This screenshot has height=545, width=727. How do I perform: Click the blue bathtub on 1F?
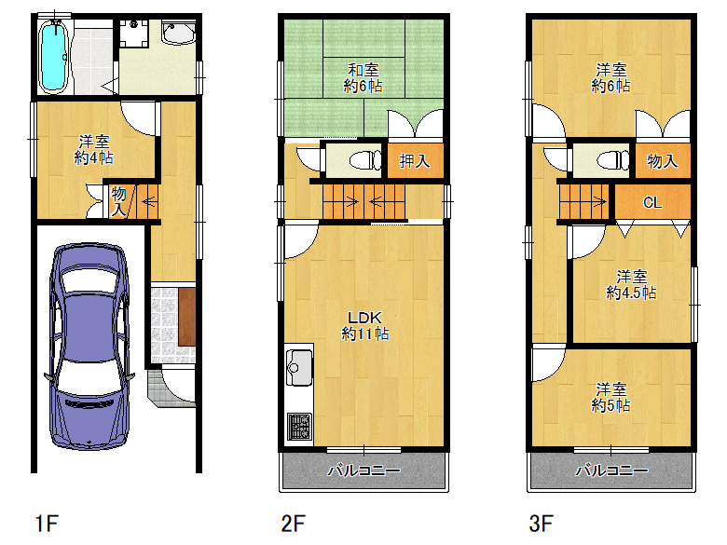click(53, 57)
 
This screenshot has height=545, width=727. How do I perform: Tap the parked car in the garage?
click(89, 347)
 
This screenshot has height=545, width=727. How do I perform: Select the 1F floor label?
click(47, 524)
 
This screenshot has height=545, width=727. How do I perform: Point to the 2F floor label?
click(293, 524)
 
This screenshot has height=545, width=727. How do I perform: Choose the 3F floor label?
click(542, 524)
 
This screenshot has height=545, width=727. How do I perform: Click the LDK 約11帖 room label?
click(364, 326)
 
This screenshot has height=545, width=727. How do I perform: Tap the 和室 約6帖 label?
click(363, 78)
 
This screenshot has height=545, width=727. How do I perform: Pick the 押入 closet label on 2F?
click(415, 161)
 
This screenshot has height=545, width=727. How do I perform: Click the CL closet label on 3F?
click(652, 202)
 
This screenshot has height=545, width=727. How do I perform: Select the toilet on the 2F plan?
click(364, 161)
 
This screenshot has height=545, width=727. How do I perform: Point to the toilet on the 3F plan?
click(612, 161)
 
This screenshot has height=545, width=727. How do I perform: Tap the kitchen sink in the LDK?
click(299, 367)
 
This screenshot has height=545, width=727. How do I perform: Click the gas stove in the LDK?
click(299, 427)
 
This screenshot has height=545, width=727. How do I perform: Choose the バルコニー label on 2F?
click(363, 471)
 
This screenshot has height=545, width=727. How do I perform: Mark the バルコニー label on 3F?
click(611, 471)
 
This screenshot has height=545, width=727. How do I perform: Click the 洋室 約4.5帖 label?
click(631, 285)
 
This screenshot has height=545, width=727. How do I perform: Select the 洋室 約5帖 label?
click(611, 397)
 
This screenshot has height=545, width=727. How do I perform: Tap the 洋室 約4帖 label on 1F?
click(93, 149)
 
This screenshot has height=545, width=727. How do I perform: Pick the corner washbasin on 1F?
click(179, 33)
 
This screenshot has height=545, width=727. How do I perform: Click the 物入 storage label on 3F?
click(663, 161)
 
